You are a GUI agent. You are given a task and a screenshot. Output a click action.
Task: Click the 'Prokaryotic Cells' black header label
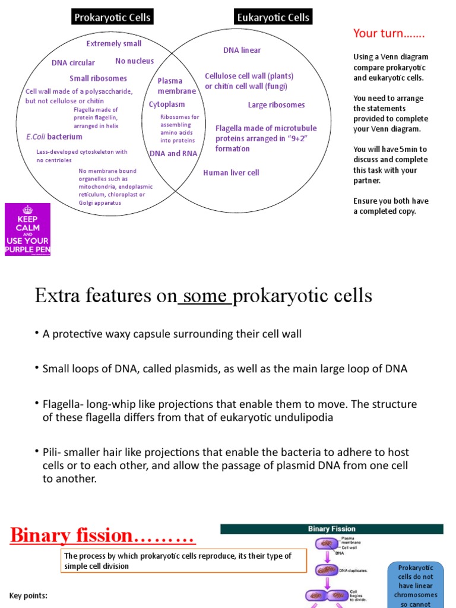point(112,17)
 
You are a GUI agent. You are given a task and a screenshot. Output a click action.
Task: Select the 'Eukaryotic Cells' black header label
point(273,17)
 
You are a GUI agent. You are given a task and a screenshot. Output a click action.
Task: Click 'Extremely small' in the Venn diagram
point(114,43)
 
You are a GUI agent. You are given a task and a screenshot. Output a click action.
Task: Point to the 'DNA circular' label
point(73,63)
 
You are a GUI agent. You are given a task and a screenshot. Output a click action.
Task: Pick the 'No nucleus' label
point(134,61)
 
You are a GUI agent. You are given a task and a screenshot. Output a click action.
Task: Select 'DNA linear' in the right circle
point(242,50)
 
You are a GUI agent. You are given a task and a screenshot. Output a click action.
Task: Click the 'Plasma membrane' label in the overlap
point(176,86)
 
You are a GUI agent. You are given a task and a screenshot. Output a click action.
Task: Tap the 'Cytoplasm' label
point(167,104)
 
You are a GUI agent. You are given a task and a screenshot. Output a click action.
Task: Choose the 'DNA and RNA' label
point(173,153)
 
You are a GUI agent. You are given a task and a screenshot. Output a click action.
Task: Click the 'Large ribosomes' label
point(276,105)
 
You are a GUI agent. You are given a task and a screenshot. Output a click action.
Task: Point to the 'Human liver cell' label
point(231,173)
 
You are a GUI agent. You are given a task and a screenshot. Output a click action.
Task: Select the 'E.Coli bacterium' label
point(54,137)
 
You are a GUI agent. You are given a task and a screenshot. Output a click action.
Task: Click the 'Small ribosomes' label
point(98,78)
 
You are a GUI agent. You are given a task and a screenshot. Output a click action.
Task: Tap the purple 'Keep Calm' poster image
point(27,230)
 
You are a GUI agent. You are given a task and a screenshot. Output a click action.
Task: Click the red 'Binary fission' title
point(102,536)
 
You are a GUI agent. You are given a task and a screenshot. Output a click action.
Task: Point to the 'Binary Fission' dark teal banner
point(331,528)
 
